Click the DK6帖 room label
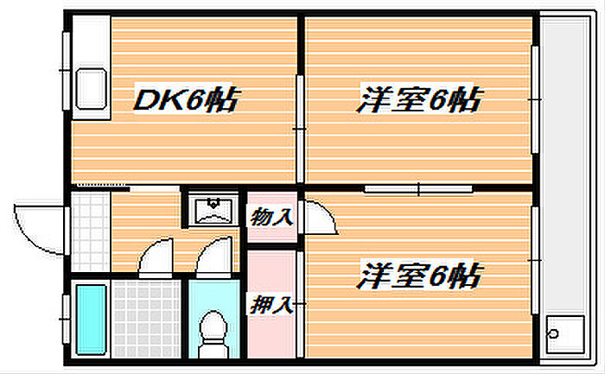coord(184,100)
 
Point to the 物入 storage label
coord(271,217)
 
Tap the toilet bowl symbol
coord(213,333)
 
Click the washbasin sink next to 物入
coord(212,210)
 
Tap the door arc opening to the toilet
coord(214,258)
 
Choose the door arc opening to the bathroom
coord(158,258)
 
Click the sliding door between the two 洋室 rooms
coord(418,187)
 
